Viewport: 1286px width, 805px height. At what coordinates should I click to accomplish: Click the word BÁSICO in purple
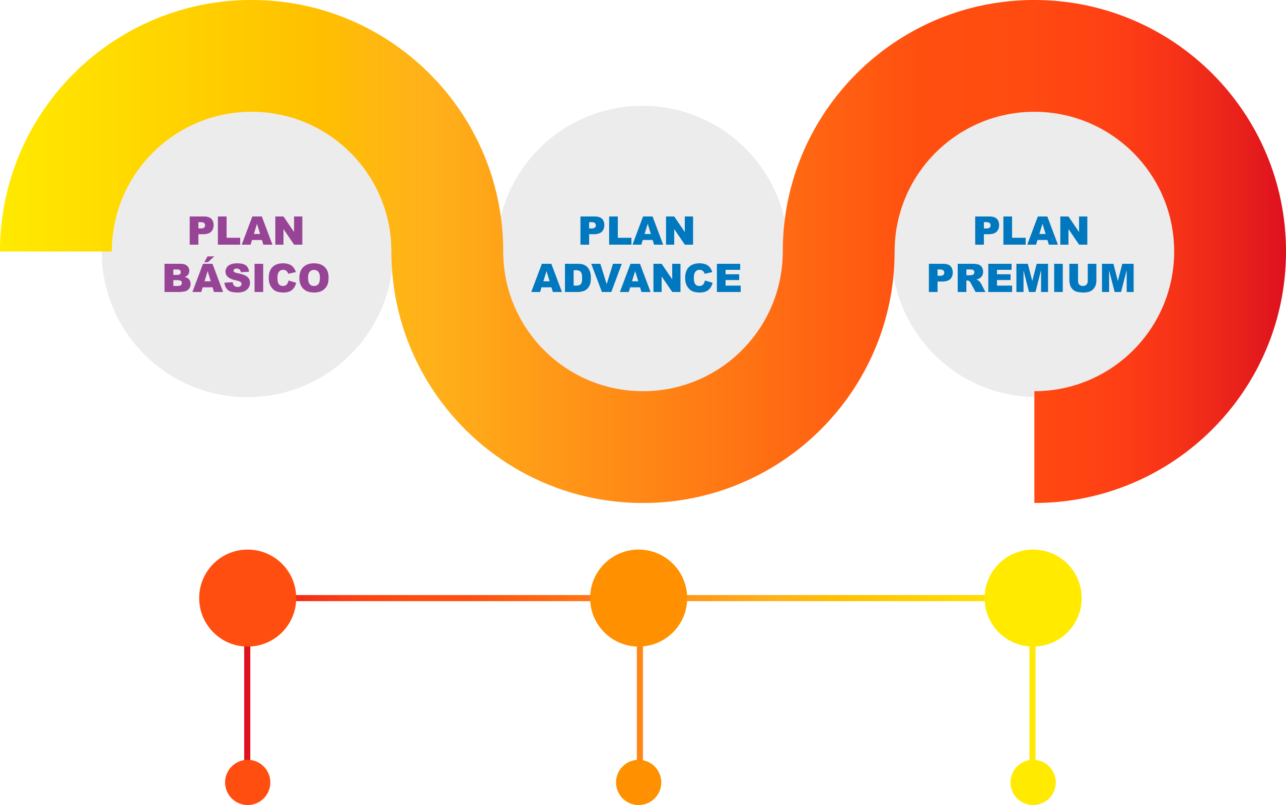(x=247, y=278)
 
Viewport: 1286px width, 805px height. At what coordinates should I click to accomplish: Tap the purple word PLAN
(x=246, y=231)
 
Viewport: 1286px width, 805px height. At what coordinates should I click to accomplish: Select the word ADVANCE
(x=636, y=278)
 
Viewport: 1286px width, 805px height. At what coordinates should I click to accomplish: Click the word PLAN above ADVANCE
(x=637, y=231)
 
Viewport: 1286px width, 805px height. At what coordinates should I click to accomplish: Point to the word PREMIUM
(x=1031, y=278)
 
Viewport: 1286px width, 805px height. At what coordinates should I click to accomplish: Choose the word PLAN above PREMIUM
(x=1031, y=231)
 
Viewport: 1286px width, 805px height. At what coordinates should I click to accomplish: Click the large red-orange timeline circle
(x=248, y=598)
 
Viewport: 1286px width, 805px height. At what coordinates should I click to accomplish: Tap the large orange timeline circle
(x=638, y=598)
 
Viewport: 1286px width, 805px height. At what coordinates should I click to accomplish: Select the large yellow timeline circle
(x=1033, y=598)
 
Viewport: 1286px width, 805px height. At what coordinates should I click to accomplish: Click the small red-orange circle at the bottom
(x=248, y=782)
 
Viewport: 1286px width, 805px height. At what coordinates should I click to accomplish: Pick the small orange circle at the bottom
(x=638, y=782)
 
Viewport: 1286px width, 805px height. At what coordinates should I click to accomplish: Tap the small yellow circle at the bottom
(x=1033, y=782)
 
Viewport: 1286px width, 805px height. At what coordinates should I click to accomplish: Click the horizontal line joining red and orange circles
(x=442, y=599)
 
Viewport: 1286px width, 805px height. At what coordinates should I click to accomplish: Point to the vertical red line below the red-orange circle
(x=248, y=703)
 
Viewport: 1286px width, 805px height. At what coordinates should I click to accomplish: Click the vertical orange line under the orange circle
(x=639, y=703)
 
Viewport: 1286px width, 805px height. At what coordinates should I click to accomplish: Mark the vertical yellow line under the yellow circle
(x=1033, y=703)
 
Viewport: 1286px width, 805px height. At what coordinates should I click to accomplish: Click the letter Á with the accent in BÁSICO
(x=207, y=277)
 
